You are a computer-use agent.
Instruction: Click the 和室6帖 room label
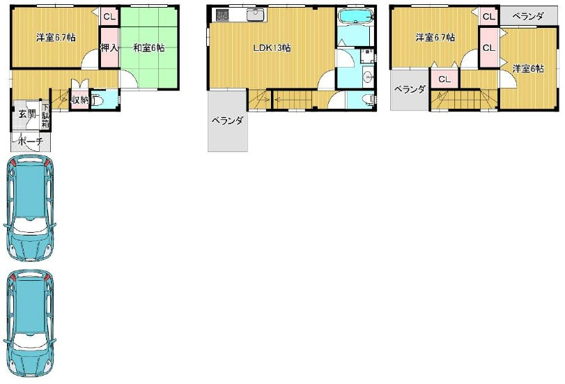149,47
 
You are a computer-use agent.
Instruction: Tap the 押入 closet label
109,47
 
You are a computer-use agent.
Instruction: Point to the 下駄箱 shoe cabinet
45,116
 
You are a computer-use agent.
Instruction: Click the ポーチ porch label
30,141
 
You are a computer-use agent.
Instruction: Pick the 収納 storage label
79,100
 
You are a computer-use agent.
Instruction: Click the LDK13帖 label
272,48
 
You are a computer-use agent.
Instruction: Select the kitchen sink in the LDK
256,15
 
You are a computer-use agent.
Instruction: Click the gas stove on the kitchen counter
222,15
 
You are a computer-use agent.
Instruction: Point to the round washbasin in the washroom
368,77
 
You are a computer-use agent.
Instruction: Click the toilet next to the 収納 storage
97,100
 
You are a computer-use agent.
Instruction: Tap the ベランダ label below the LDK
227,121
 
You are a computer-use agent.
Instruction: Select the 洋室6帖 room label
528,68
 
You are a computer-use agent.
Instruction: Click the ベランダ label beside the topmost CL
527,16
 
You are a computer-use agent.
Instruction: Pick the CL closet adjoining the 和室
109,17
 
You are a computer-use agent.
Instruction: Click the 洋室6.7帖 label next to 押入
56,37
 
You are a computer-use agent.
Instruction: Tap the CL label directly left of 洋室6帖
489,47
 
